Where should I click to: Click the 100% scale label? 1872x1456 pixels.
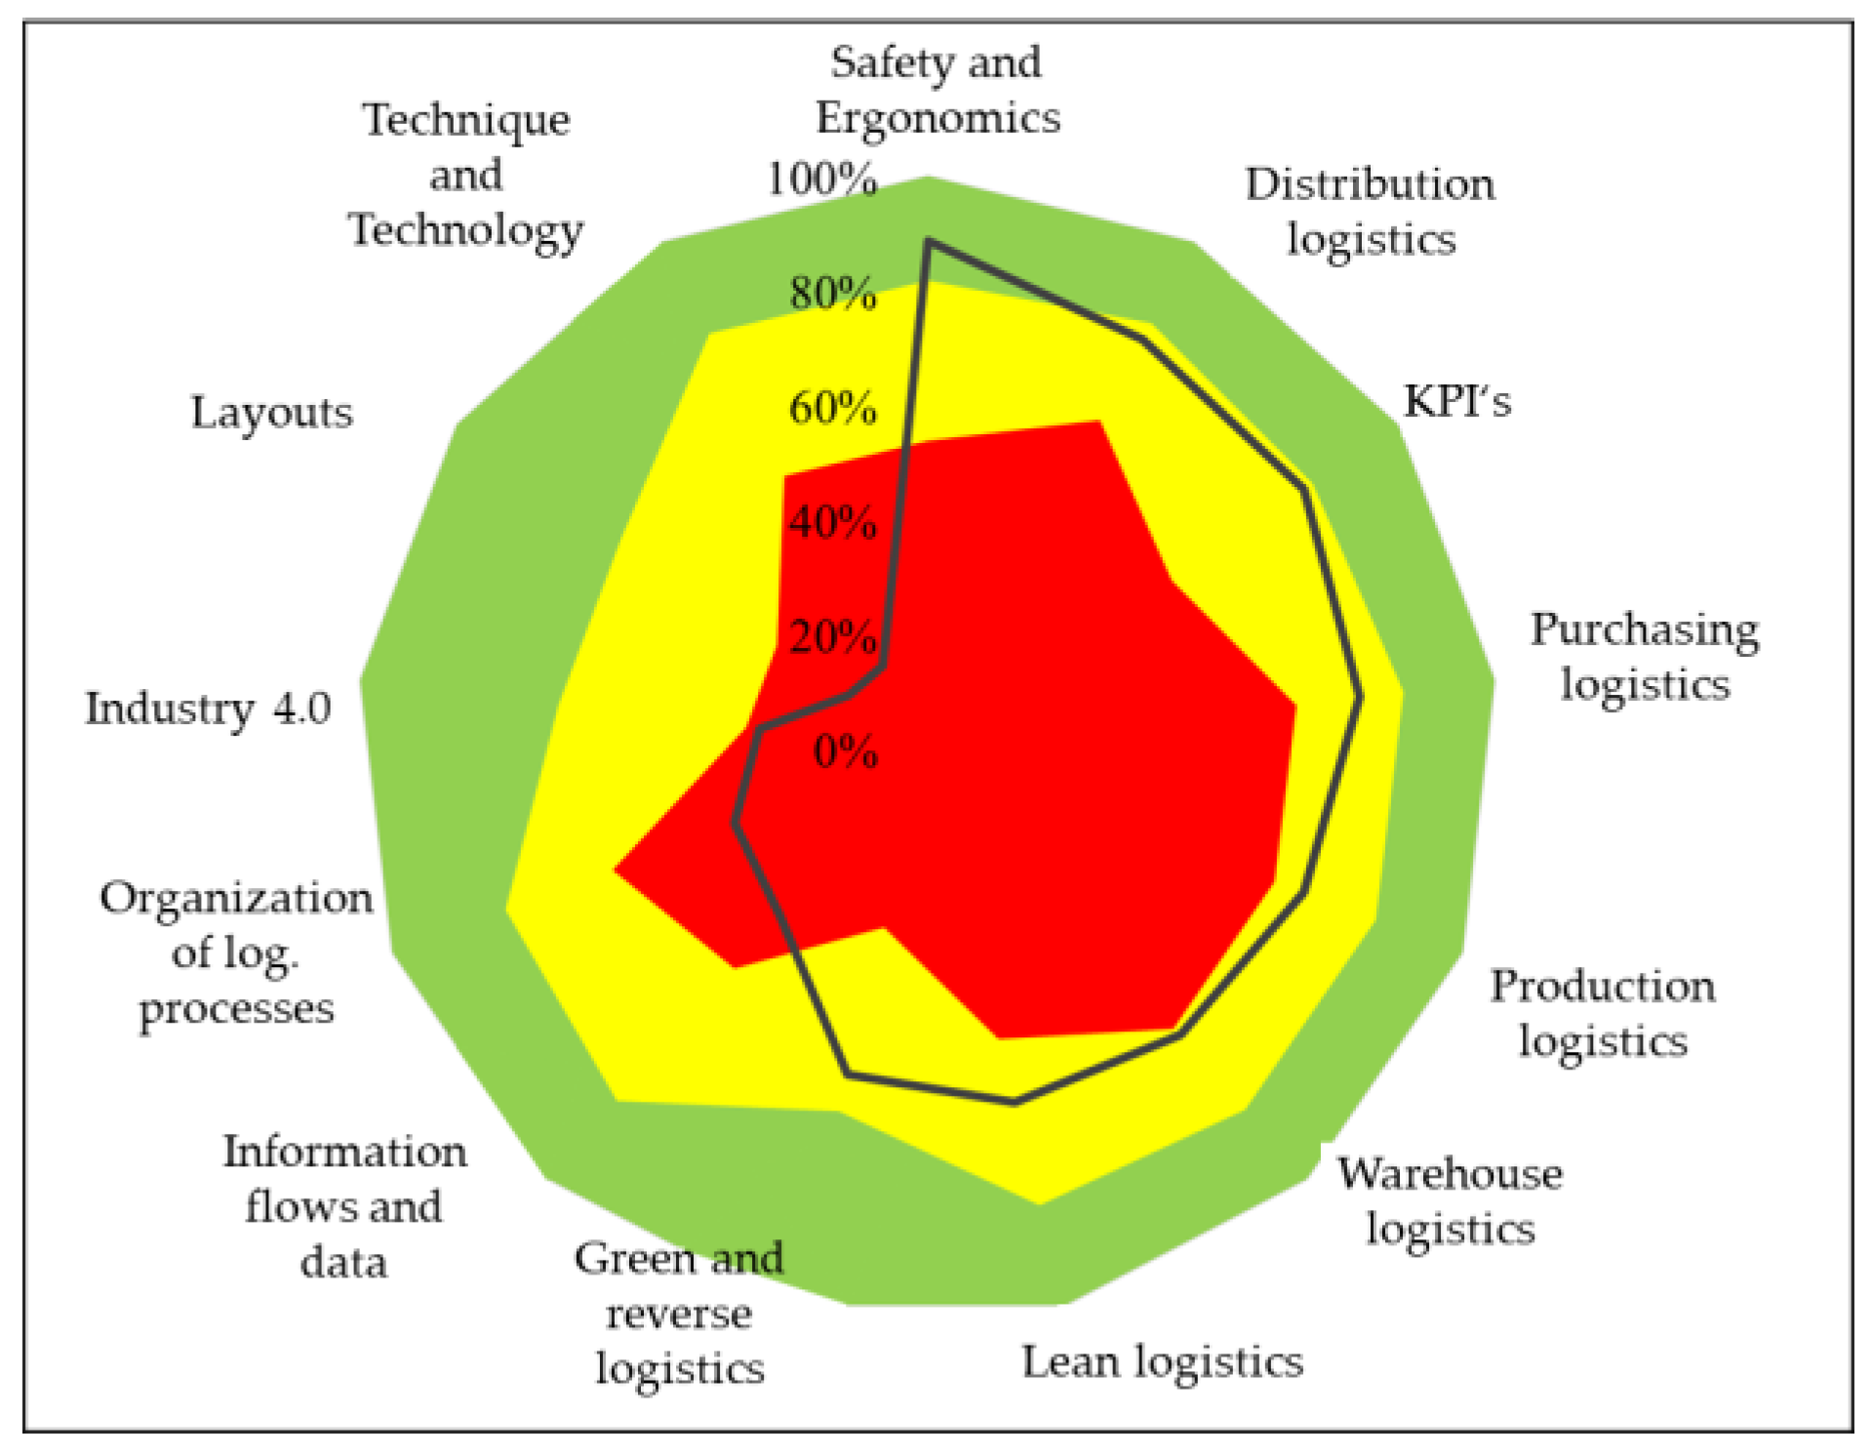pos(821,180)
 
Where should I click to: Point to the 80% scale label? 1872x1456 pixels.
pos(832,293)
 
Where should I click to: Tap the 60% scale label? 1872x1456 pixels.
pos(832,408)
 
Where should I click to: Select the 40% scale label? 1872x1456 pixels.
pos(832,523)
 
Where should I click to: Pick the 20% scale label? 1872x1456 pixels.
pos(832,637)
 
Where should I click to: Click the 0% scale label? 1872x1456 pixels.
pos(845,752)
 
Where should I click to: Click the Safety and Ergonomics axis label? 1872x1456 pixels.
pos(937,90)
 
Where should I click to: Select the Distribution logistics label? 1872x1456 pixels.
pos(1370,212)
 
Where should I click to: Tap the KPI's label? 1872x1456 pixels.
pos(1456,401)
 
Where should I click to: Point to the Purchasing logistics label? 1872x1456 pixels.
pos(1645,657)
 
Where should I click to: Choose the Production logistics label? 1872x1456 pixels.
pos(1602,1014)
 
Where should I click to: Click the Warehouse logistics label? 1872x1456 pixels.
pos(1450,1200)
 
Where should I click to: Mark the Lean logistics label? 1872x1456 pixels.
pos(1162,1361)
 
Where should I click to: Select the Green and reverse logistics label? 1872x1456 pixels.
pos(679,1313)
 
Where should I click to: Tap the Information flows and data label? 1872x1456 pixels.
pos(344,1206)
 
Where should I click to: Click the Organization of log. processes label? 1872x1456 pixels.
pos(236,952)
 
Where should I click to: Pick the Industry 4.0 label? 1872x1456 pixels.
pos(208,708)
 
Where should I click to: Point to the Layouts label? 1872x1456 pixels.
pos(271,412)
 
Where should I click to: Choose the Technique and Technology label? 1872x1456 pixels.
pos(466,175)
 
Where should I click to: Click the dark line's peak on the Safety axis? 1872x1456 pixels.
pos(928,241)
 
